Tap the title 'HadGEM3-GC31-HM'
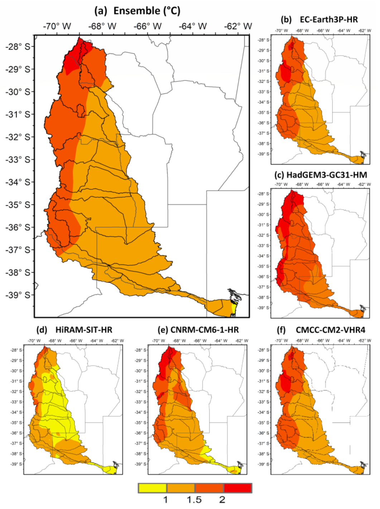pyautogui.click(x=326, y=175)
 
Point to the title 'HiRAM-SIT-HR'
pyautogui.click(x=83, y=330)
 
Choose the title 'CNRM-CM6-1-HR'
pyautogui.click(x=204, y=330)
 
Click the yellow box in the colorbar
pyautogui.click(x=153, y=488)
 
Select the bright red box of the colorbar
pyautogui.click(x=238, y=488)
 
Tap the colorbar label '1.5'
pyautogui.click(x=194, y=500)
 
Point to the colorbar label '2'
pyautogui.click(x=222, y=500)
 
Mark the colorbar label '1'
pyautogui.click(x=165, y=500)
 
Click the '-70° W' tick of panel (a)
pyautogui.click(x=57, y=26)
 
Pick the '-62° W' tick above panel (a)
pyautogui.click(x=238, y=26)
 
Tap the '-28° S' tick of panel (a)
pyautogui.click(x=18, y=47)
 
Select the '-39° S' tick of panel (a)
pyautogui.click(x=18, y=295)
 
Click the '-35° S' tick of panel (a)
pyautogui.click(x=18, y=205)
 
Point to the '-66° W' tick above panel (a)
pyautogui.click(x=147, y=26)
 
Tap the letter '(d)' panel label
pyautogui.click(x=42, y=330)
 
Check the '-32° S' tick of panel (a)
pyautogui.click(x=18, y=137)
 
